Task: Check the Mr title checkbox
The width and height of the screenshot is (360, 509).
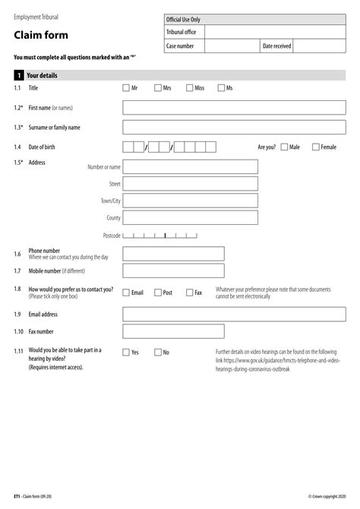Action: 126,88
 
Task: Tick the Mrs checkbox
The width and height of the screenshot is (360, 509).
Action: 158,88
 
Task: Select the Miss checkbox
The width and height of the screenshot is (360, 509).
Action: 189,88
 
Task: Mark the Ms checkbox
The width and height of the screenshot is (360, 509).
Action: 221,88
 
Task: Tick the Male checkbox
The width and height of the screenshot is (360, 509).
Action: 283,147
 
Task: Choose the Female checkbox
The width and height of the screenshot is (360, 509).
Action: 316,147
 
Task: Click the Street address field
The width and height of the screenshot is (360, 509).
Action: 190,184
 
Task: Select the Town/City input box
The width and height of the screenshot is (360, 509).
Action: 190,201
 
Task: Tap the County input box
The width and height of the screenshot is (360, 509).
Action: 190,218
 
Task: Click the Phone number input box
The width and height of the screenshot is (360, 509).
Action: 173,254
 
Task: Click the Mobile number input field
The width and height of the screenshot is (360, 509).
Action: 173,270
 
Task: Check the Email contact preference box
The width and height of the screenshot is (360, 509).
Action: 126,292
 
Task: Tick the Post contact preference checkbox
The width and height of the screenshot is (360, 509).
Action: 158,292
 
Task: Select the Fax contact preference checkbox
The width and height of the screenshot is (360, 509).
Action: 189,292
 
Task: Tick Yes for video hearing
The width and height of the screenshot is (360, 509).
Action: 126,353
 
